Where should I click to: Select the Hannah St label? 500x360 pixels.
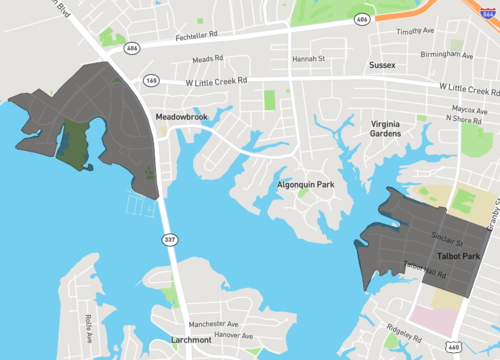(x=308, y=59)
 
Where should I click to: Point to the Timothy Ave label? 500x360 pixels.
(x=416, y=31)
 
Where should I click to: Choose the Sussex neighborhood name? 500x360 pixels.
(x=381, y=66)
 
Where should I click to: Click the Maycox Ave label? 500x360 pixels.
(x=467, y=108)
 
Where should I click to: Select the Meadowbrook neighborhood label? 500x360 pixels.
(x=180, y=117)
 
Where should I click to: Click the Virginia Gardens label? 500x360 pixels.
(x=385, y=128)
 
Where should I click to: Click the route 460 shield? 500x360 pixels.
(x=454, y=347)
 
